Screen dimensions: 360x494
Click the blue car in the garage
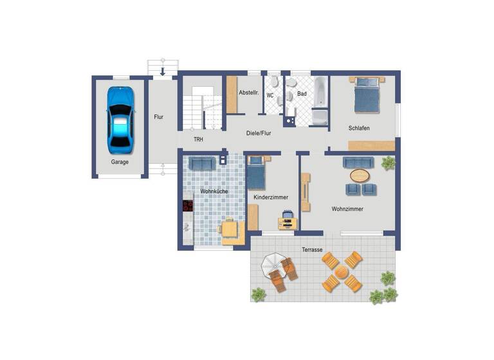[x=121, y=117]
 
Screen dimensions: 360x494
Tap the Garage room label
[x=120, y=162]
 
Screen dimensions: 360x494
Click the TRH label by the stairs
[x=199, y=139]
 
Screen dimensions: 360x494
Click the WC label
[x=270, y=95]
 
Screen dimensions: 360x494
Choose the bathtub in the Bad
[x=320, y=100]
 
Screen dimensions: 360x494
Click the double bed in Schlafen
[x=367, y=94]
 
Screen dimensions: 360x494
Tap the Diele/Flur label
[x=259, y=134]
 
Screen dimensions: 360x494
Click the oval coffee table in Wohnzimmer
[x=360, y=175]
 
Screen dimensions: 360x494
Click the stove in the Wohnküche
[x=188, y=206]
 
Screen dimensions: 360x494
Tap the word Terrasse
[x=313, y=249]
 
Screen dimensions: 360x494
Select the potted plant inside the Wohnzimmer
[x=389, y=163]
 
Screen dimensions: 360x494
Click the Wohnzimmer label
[x=347, y=210]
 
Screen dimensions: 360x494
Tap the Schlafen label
[x=359, y=129]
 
